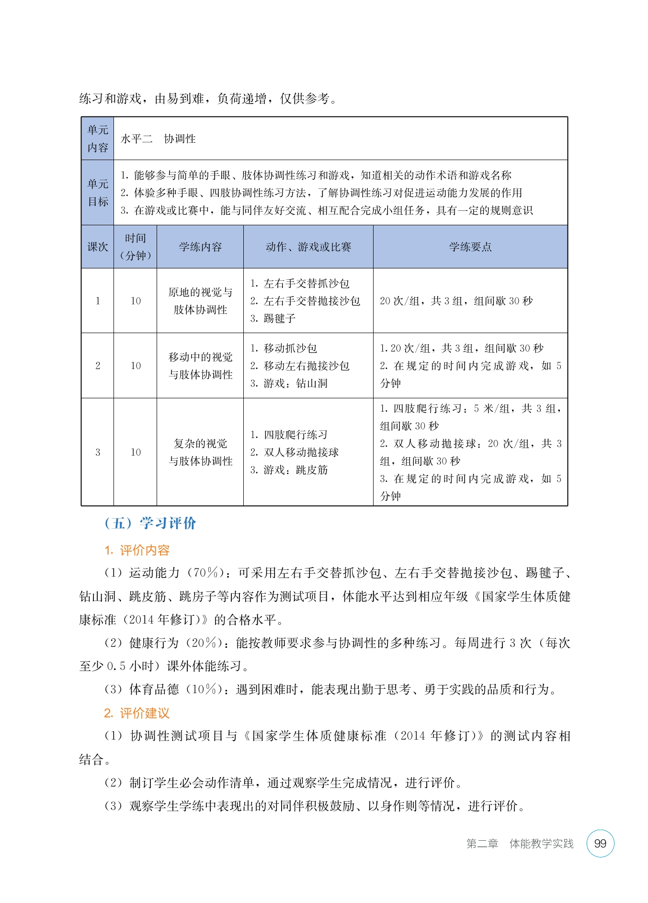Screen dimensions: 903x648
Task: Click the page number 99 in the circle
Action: tap(600, 844)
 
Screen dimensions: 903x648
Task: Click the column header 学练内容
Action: tap(200, 247)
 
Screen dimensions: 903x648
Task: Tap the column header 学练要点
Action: tap(470, 247)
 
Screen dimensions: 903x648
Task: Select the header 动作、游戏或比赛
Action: tap(308, 247)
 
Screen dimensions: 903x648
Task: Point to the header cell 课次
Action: tap(98, 247)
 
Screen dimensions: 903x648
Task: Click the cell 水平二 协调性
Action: tap(158, 139)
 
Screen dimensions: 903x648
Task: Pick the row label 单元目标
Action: tap(98, 193)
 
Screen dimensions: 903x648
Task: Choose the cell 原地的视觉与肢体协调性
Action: tap(200, 301)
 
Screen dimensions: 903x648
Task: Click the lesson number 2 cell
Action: tap(98, 366)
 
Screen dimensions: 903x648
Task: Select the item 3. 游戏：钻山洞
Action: tap(289, 383)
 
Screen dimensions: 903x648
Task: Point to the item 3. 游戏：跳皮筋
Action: tap(289, 470)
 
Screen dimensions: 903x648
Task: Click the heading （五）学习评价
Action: tap(150, 523)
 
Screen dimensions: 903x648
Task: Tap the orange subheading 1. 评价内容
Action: tap(137, 550)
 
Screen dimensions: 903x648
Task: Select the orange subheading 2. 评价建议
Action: tap(137, 713)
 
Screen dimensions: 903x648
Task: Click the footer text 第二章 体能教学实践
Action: tap(520, 844)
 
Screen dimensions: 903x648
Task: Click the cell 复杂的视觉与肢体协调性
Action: tap(200, 452)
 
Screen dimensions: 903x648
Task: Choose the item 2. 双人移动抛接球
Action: tap(294, 452)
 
